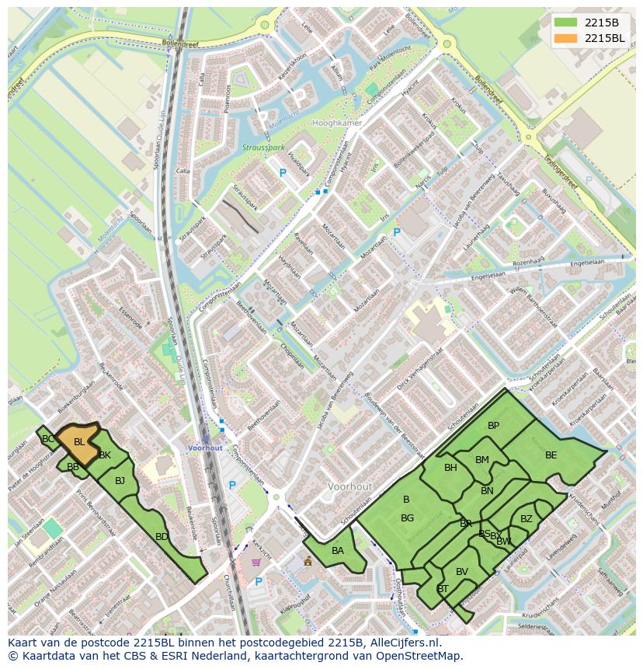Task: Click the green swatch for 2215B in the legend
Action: point(566,23)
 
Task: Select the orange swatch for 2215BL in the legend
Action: point(566,38)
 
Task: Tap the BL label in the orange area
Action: point(79,442)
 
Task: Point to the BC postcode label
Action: point(48,439)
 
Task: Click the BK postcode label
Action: point(105,455)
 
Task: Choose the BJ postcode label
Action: point(120,481)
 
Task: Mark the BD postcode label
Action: point(162,537)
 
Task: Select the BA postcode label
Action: point(338,551)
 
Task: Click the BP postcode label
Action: point(493,426)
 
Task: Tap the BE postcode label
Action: point(551,455)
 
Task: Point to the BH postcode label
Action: point(450,468)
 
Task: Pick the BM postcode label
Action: point(482,460)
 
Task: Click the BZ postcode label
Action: point(527,519)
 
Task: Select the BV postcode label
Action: point(462,572)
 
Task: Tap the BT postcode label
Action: point(443,589)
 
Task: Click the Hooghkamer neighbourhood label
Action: point(336,124)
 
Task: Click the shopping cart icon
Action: point(257,562)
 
